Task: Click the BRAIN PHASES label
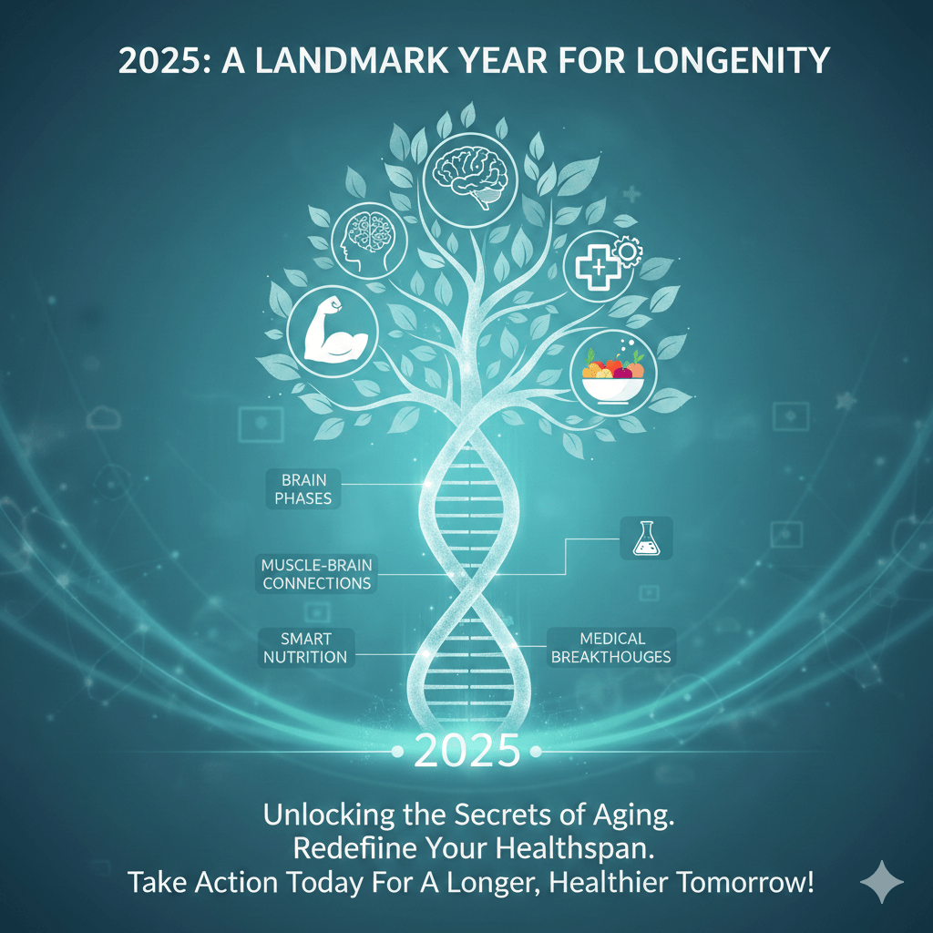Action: point(303,489)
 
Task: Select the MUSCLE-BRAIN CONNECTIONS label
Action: point(316,574)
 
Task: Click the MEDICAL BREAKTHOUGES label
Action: point(611,647)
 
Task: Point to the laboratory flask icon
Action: point(645,538)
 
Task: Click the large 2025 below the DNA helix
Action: point(466,752)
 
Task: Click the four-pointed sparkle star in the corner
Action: point(882,882)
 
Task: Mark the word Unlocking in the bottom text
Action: point(323,815)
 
